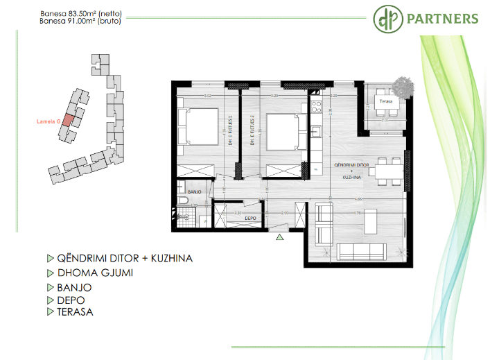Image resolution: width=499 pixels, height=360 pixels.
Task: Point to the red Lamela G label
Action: point(48,122)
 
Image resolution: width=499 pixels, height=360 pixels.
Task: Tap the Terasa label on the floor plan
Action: point(385,101)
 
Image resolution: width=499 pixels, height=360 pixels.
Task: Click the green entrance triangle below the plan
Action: point(280,237)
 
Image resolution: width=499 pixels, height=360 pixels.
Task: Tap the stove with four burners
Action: point(316,107)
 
